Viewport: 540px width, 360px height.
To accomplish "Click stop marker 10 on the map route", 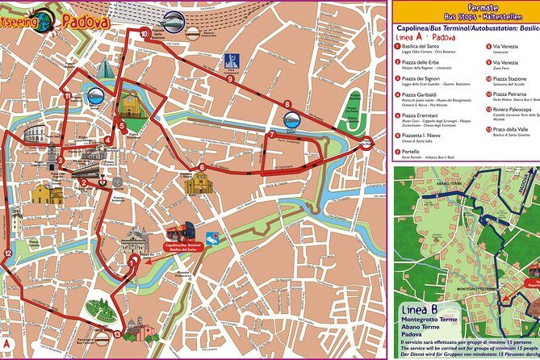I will (x=144, y=34).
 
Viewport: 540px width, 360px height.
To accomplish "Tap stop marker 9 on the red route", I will (x=230, y=80).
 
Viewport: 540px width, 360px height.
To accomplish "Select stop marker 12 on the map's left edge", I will (x=8, y=254).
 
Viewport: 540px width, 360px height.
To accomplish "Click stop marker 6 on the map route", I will (x=201, y=168).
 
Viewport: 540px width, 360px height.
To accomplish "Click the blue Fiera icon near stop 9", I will (x=232, y=61).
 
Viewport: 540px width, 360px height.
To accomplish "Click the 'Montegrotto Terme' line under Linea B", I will (x=436, y=322).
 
